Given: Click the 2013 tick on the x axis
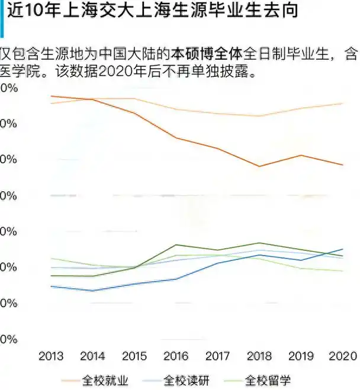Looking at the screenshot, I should (x=51, y=356).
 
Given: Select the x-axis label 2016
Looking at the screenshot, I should (x=176, y=356).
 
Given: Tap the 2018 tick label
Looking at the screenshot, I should (x=259, y=356).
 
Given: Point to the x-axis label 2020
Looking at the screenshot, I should (x=342, y=356).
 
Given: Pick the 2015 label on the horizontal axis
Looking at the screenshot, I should (x=134, y=356).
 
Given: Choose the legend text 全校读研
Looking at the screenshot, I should (x=187, y=380).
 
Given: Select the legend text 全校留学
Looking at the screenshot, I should (x=268, y=380).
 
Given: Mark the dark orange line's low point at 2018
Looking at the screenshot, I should (x=259, y=166).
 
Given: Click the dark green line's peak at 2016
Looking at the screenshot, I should (x=176, y=244).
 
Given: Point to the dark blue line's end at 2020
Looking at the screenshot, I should (x=342, y=249).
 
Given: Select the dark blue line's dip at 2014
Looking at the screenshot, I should (x=93, y=291).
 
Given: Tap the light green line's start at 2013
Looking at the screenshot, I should (x=52, y=259).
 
